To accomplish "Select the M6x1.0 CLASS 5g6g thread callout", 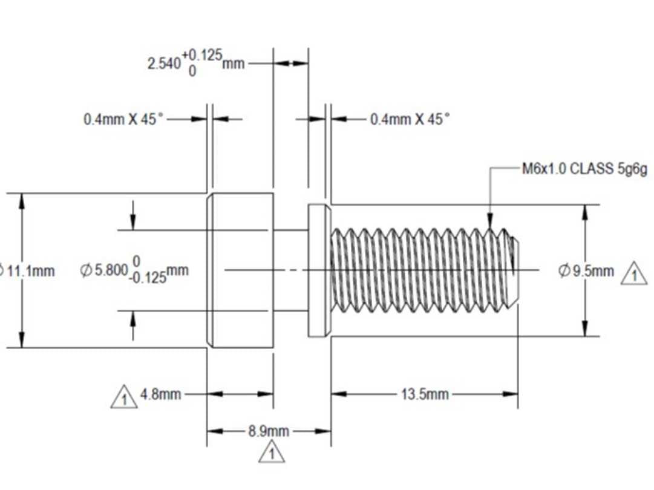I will tap(584, 169).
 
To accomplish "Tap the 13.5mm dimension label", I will tap(425, 394).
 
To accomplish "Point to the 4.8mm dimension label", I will tap(160, 394).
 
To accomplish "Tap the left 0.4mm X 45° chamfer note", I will tap(123, 119).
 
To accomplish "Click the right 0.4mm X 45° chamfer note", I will tap(410, 119).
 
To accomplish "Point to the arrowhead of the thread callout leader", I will tap(489, 224).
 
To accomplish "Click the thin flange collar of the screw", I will tap(319, 270).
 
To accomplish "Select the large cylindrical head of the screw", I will tap(241, 270).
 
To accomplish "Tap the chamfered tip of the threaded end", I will tap(515, 270).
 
